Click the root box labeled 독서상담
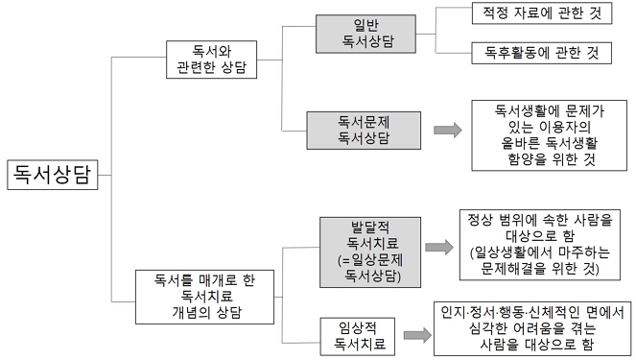53,174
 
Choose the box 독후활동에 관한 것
542,51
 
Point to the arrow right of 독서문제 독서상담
447,130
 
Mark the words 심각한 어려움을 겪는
530,327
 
